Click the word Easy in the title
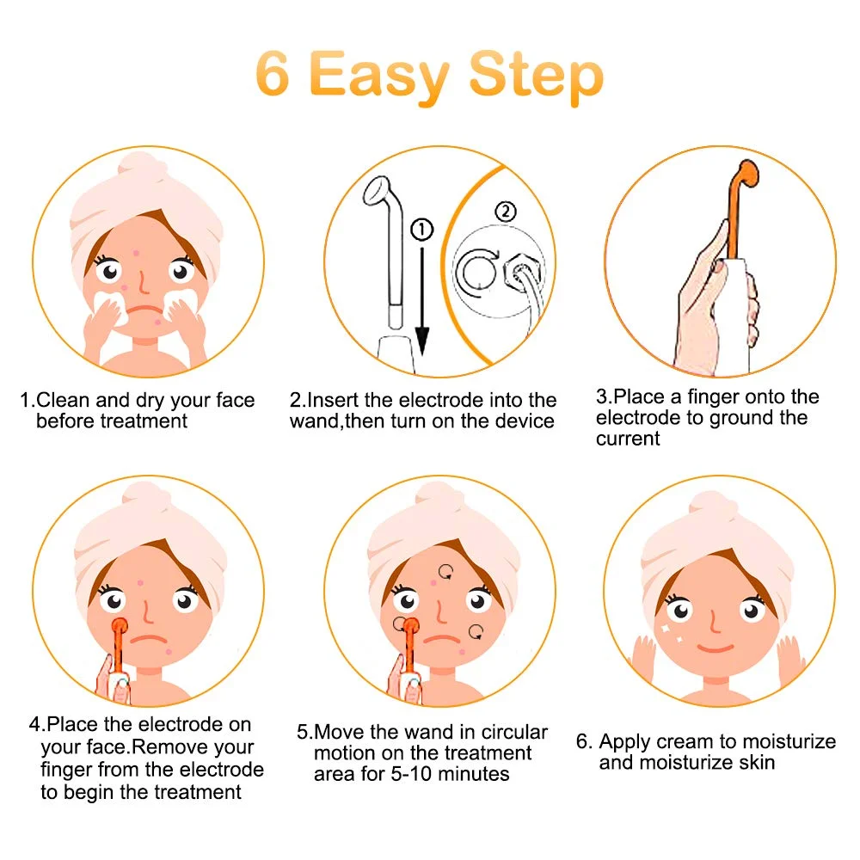[379, 76]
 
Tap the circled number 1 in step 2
[421, 230]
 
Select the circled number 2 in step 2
[506, 212]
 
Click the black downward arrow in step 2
[421, 300]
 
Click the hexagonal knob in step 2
[520, 273]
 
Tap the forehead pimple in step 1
[136, 253]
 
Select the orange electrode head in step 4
[119, 626]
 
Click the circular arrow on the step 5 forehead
[445, 572]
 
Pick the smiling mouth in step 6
[716, 648]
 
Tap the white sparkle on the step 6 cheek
[666, 630]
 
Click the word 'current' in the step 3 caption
[628, 439]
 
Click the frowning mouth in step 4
[148, 640]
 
